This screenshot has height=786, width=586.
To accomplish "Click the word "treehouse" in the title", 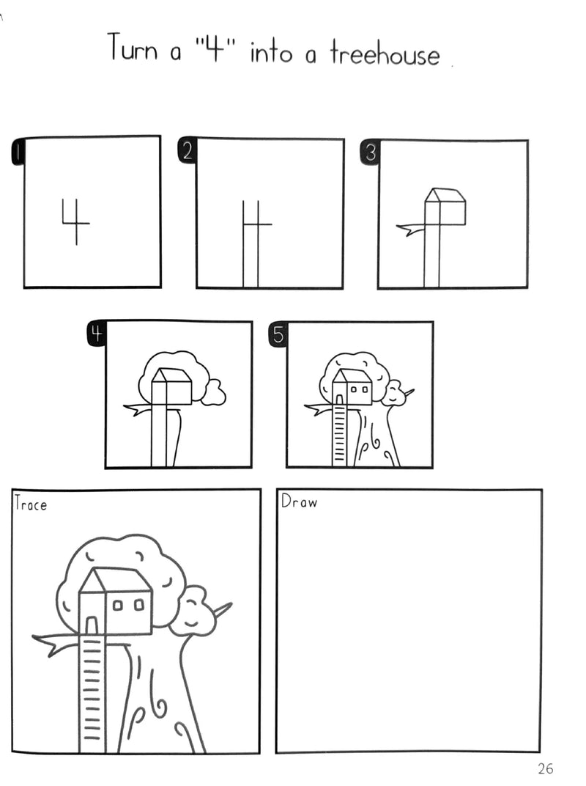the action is click(x=385, y=53).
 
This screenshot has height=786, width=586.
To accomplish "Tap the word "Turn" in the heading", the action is click(x=133, y=47).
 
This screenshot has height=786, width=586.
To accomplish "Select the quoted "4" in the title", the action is click(x=215, y=48).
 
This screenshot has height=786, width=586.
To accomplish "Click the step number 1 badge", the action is click(x=18, y=151).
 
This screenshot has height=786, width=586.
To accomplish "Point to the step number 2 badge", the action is click(x=187, y=150).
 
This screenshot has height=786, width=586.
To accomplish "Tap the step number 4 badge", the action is click(x=97, y=334).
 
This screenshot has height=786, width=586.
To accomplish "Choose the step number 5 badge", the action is click(x=278, y=334).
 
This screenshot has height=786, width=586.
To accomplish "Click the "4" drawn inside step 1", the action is click(x=76, y=221).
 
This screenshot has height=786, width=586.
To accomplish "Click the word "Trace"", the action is click(x=31, y=503).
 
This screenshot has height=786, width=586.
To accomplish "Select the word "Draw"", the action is click(x=299, y=501).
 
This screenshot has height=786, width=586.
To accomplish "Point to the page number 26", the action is click(x=546, y=768).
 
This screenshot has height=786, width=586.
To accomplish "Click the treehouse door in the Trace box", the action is click(x=92, y=626).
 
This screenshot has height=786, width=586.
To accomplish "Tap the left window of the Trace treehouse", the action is click(x=118, y=606).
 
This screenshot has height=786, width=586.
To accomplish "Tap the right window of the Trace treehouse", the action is click(x=139, y=605).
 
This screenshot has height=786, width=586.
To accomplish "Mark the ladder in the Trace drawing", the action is click(x=92, y=694).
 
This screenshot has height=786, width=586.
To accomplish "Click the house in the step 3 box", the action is click(x=445, y=206).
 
